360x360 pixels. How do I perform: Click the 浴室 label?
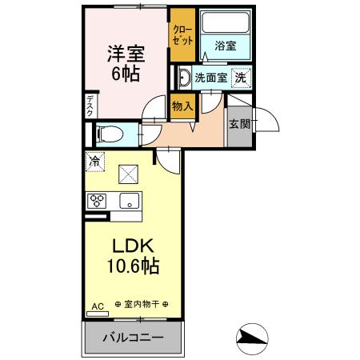(226, 47)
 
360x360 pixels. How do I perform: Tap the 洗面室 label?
(212, 78)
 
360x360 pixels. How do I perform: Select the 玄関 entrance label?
(238, 124)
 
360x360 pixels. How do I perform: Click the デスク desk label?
(90, 106)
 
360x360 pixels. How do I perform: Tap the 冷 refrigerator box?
(95, 161)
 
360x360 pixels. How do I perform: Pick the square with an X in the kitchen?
(128, 174)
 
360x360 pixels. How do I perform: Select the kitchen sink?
(129, 200)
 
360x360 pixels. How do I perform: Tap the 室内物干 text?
(147, 306)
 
